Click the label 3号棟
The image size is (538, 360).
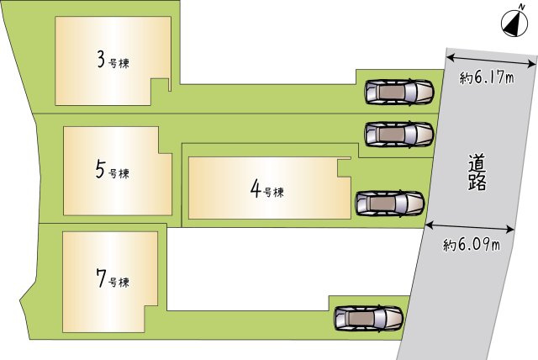[x=113, y=61]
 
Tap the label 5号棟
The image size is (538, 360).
[x=113, y=170]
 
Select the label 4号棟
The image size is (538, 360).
[x=267, y=190]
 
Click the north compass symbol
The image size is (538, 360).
[x=514, y=24]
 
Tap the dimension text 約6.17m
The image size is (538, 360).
[x=487, y=78]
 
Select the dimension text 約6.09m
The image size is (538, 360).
[x=471, y=245]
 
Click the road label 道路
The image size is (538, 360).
[x=477, y=172]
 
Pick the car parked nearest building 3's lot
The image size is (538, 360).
[x=399, y=92]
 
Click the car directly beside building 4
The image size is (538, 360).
[x=390, y=204]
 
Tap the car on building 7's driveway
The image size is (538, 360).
[x=368, y=319]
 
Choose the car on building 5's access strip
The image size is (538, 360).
[x=399, y=135]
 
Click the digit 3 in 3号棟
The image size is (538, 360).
[x=101, y=60]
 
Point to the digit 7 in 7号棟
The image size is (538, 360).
[x=101, y=278]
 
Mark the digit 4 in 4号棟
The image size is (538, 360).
[x=256, y=189]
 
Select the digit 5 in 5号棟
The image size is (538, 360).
[x=100, y=170]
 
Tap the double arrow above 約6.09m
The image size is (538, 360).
[x=470, y=227]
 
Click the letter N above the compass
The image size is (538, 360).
[x=521, y=7]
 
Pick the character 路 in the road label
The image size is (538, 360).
[x=477, y=183]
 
